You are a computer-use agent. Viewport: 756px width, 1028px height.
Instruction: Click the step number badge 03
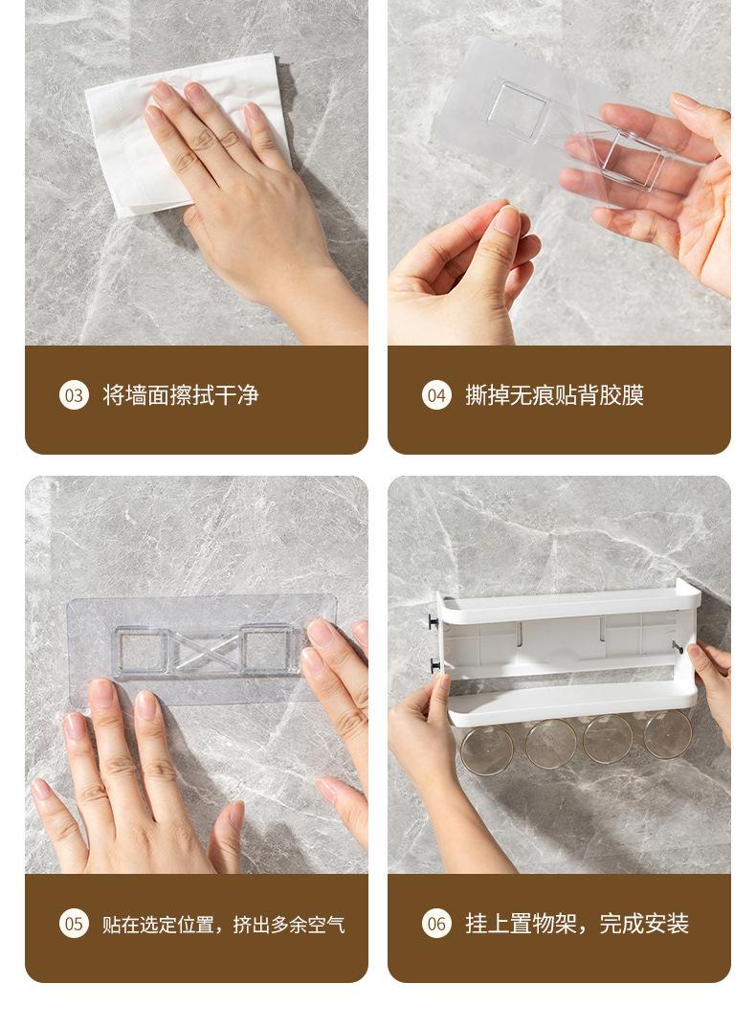click(74, 395)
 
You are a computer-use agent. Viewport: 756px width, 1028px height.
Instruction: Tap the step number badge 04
click(436, 395)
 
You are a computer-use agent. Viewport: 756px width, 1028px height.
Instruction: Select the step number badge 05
click(74, 924)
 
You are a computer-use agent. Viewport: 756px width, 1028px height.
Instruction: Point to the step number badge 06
click(436, 924)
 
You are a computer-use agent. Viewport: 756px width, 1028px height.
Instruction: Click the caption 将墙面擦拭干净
click(180, 395)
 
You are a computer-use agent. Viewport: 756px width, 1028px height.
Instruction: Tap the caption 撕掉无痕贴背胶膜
click(555, 395)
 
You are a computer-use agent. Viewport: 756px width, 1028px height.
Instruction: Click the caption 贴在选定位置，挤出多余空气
click(223, 925)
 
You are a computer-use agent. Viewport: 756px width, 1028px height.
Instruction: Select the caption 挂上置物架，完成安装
click(577, 924)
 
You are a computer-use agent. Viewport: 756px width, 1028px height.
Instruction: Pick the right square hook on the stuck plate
click(269, 650)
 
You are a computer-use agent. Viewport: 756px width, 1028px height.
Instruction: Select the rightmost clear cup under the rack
click(668, 733)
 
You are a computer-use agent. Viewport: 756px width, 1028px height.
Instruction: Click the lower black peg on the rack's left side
click(434, 665)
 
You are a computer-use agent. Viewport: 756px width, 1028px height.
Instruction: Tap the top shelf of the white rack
click(567, 603)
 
